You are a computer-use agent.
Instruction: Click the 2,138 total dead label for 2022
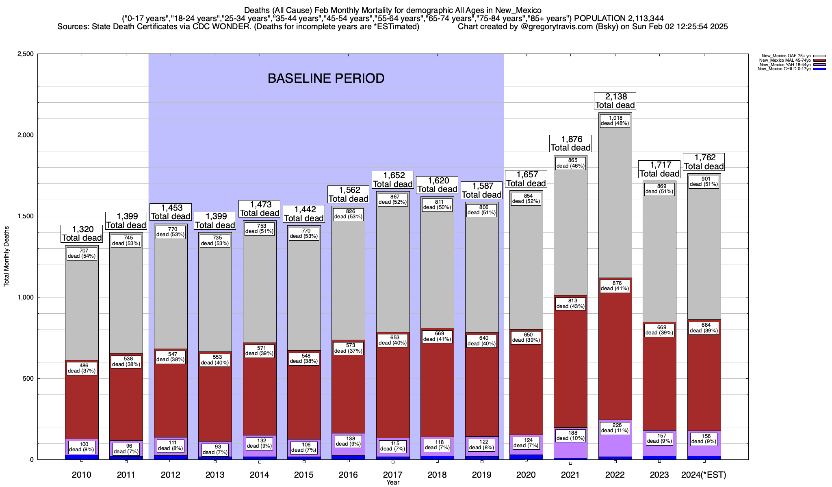[615, 101]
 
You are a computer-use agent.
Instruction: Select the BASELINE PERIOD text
[326, 78]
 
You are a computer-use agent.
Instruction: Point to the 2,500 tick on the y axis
[26, 54]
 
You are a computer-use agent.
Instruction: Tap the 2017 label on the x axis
[392, 474]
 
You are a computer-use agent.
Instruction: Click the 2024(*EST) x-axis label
[704, 474]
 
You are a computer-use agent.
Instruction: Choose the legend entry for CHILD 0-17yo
[784, 69]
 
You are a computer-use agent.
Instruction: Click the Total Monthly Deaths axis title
[6, 256]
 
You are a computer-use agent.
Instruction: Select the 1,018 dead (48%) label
[615, 121]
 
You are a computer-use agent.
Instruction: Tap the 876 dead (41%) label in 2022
[615, 286]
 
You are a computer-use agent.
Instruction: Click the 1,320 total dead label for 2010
[82, 234]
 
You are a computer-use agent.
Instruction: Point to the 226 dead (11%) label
[615, 428]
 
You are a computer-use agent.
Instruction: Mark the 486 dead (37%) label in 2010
[82, 368]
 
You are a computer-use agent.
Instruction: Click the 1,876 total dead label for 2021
[570, 144]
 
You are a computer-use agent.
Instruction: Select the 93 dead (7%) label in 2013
[215, 450]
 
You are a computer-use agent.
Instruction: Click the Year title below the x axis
[393, 483]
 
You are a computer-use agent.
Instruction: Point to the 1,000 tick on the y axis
[26, 297]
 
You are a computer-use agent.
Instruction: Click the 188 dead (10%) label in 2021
[570, 435]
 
